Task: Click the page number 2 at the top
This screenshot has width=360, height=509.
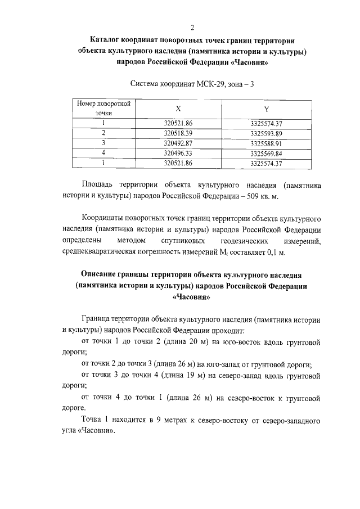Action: [x=192, y=28]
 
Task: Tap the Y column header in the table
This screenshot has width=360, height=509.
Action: [x=266, y=108]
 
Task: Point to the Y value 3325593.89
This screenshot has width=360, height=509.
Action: [x=266, y=133]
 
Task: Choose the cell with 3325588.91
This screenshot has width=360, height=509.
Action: [x=266, y=143]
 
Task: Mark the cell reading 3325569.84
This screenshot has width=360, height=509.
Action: [x=266, y=153]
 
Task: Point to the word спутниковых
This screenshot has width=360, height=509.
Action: [x=178, y=241]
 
